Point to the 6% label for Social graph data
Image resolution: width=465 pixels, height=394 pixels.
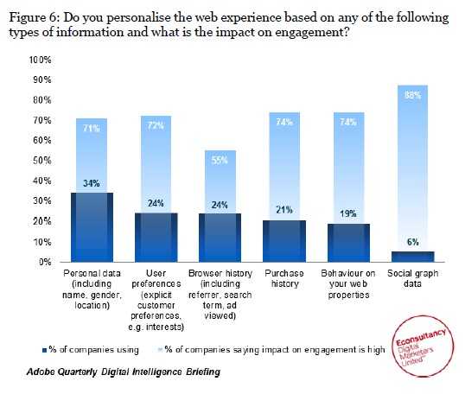tap(414, 243)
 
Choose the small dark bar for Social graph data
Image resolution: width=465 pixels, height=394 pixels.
tap(414, 256)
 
